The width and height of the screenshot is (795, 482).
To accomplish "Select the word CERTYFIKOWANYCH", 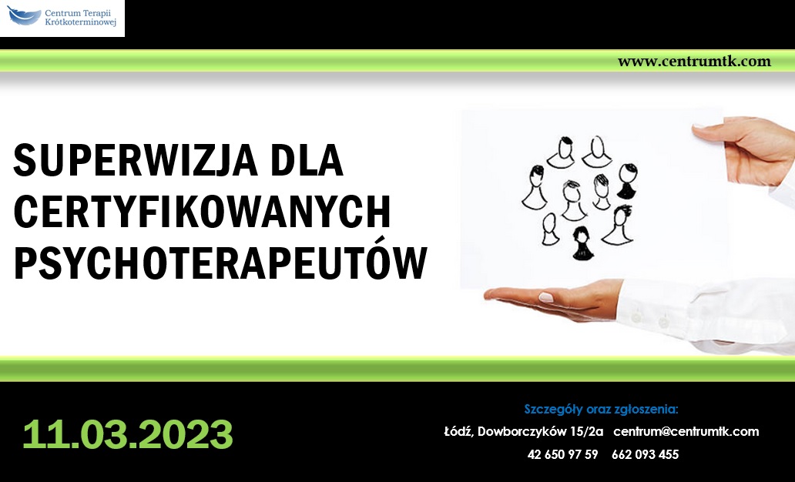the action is coord(202,211).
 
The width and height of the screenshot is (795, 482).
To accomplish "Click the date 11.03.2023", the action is coord(128,434).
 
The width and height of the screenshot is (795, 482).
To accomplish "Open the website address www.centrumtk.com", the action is coord(694,62).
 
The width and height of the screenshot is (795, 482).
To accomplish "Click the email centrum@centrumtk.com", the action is coord(686,431).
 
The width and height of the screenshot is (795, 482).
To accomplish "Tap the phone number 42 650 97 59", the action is coord(562,454).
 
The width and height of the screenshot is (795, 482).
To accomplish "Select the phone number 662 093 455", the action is coord(645,454).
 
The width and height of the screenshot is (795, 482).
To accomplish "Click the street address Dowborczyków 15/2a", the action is coord(541,431).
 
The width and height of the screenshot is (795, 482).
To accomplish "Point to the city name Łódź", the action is coord(459,431).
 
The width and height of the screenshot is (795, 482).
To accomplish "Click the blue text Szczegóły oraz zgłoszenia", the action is coord(601,409).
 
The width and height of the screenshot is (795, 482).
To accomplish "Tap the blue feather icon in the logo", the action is coord(23,15).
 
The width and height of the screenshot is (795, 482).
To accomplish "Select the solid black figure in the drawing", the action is coord(582,244).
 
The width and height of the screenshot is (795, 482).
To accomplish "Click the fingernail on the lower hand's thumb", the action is coord(546,297).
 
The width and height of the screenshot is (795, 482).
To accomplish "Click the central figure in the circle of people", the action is coord(573,200).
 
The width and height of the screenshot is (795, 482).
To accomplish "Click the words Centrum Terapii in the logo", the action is coord(78,13).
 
